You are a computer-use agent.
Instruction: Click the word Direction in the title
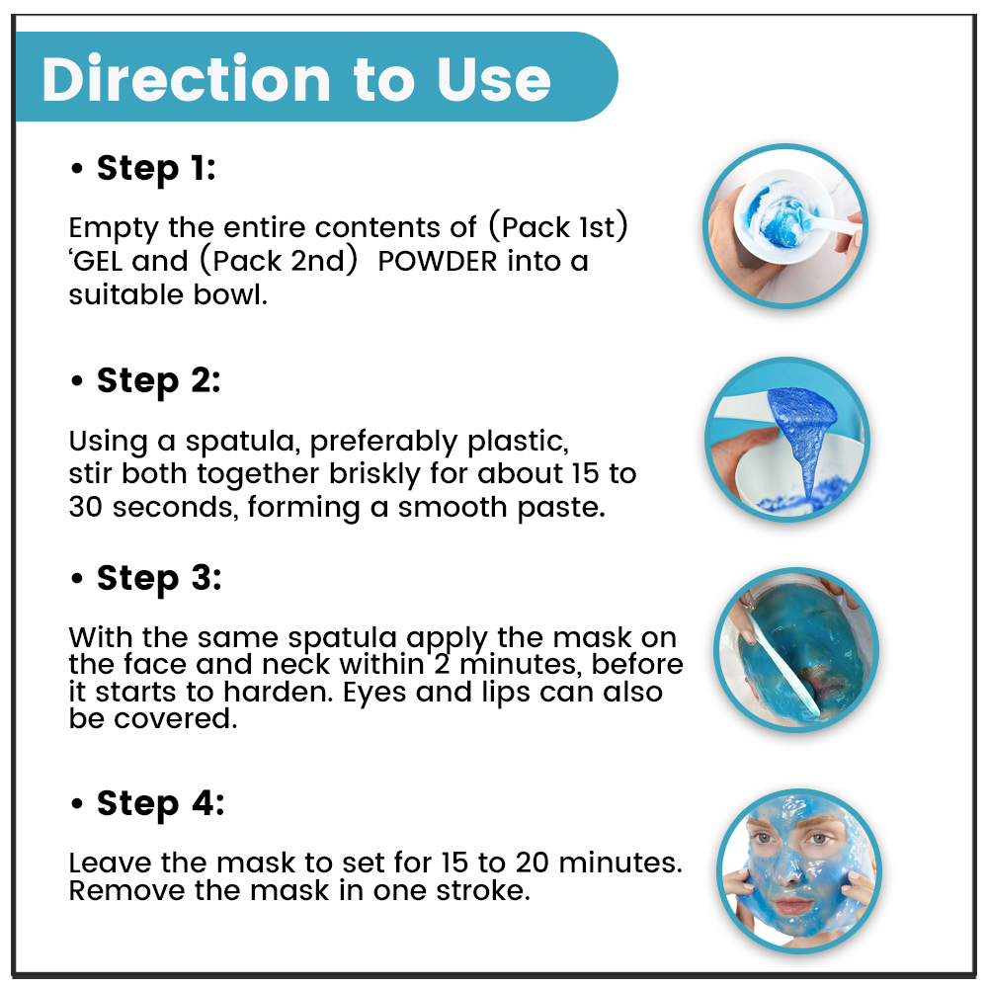[x=186, y=79]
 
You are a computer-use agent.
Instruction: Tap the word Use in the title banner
[x=493, y=79]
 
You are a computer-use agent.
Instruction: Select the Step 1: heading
[x=156, y=169]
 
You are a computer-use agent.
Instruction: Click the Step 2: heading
[x=158, y=381]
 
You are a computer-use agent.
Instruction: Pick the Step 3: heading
[x=159, y=579]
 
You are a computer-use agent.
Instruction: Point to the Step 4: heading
[x=160, y=804]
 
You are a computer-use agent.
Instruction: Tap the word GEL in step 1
[x=99, y=261]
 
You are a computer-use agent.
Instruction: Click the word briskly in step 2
[x=374, y=474]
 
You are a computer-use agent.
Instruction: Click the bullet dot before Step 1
[x=77, y=169]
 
